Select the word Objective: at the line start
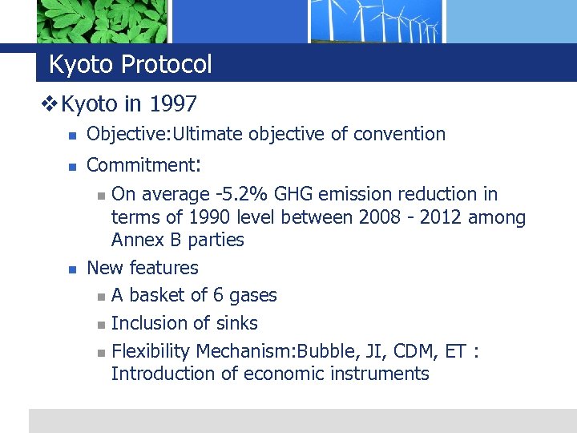[124, 134]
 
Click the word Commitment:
[143, 165]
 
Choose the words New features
[142, 268]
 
